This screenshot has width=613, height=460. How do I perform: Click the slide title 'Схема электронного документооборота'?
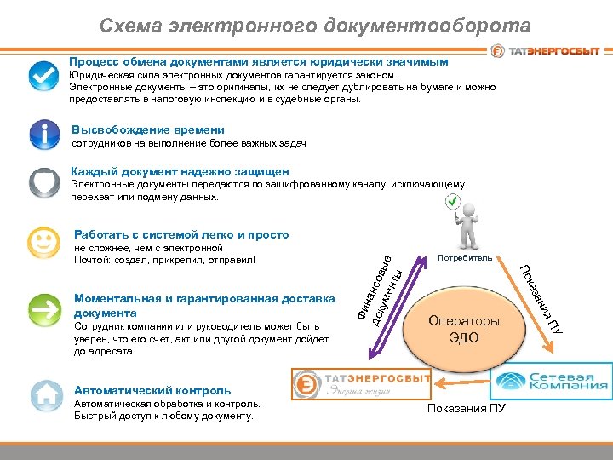tap(314, 26)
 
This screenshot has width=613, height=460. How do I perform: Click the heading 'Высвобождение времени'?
tap(148, 129)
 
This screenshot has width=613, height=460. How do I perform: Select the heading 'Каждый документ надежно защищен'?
tap(180, 171)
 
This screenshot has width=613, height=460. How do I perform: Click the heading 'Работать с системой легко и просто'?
tap(181, 234)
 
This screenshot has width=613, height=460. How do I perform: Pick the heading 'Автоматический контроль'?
tap(152, 390)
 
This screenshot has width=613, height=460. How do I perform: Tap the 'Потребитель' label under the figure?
tap(464, 256)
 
